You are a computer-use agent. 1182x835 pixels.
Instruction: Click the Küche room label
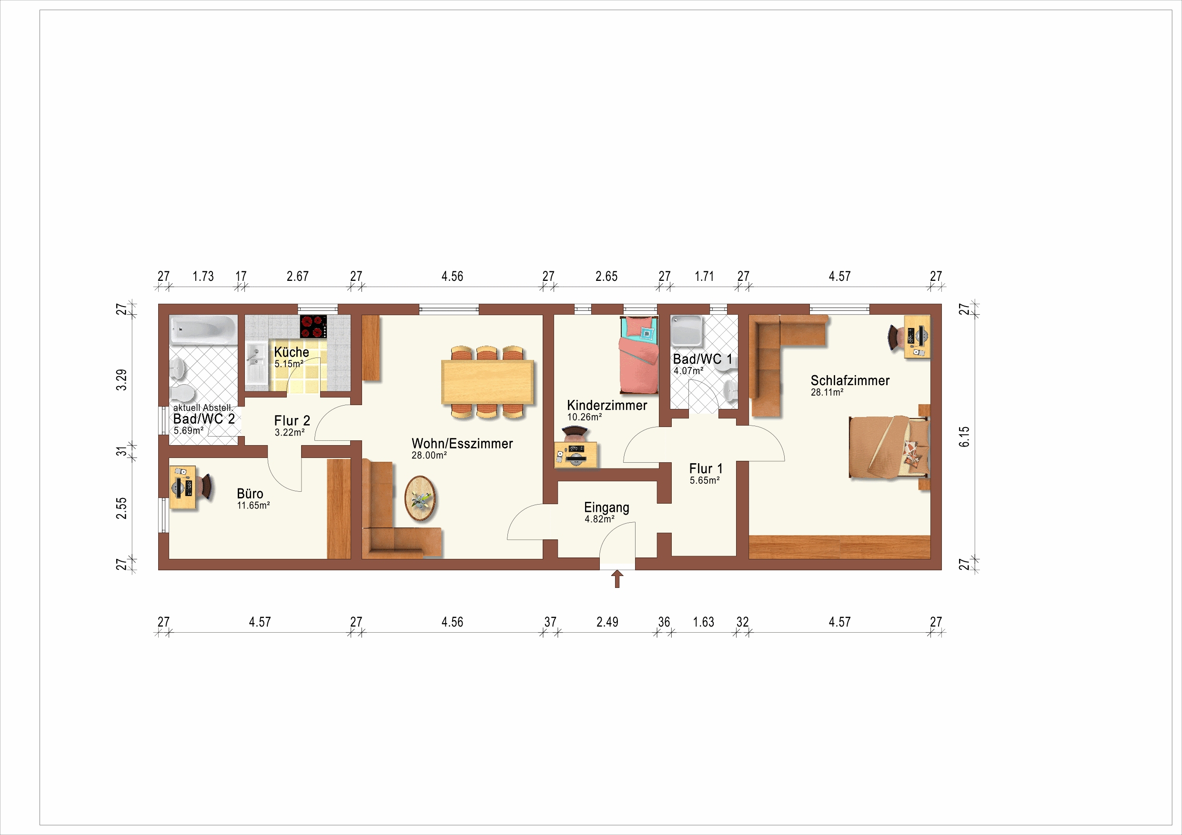[292, 352]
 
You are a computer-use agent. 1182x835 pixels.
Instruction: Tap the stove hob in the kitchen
[313, 326]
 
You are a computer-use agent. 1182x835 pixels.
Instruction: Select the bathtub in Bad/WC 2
[204, 330]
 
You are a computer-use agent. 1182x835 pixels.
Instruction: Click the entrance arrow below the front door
[617, 579]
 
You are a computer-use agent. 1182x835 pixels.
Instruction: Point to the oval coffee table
[420, 498]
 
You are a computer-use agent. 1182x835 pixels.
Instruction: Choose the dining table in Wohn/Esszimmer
[487, 382]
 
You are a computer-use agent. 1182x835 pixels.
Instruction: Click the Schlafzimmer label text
[850, 380]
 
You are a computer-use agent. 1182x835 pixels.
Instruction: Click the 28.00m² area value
[429, 455]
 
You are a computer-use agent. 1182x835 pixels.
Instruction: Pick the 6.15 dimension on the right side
[964, 436]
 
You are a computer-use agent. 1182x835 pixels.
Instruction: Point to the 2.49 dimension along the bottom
[607, 622]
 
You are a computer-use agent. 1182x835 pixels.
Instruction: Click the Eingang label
[606, 507]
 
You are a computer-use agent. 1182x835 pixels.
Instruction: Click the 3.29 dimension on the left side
[121, 380]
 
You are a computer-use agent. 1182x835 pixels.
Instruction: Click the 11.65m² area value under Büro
[253, 505]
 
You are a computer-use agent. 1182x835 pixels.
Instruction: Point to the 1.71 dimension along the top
[704, 276]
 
